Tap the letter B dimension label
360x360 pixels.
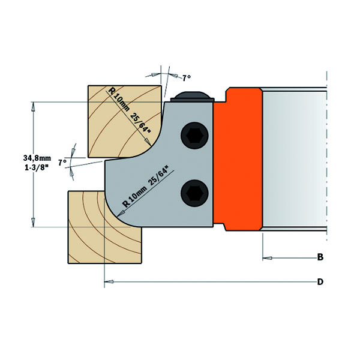[x=320, y=258]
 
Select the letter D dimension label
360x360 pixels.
[x=320, y=281]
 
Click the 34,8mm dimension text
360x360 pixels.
[x=37, y=158]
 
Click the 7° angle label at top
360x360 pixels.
[x=186, y=77]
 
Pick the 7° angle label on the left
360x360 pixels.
[x=61, y=163]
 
